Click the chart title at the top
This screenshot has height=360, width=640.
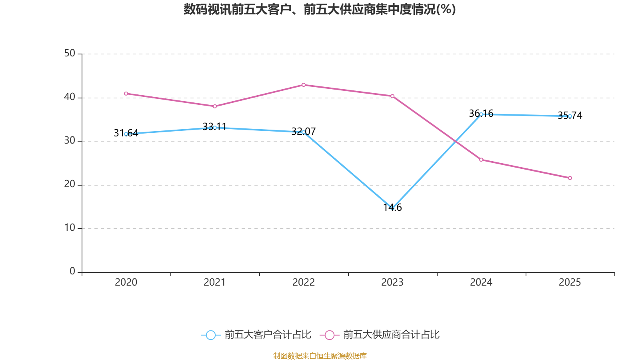(x=320, y=9)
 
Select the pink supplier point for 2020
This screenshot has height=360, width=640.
(x=126, y=94)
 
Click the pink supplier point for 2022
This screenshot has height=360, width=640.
(x=304, y=85)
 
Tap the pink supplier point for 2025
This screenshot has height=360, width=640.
(x=570, y=178)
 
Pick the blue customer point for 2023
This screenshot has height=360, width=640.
(x=392, y=208)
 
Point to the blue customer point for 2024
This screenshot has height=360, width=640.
(x=481, y=114)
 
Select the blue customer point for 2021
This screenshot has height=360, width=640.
(x=215, y=128)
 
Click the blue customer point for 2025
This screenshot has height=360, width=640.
(x=570, y=116)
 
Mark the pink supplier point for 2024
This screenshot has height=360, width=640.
(x=481, y=160)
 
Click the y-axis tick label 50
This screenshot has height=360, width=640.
(x=70, y=54)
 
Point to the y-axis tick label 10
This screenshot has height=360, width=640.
(x=70, y=228)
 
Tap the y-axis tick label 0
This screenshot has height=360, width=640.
(x=72, y=272)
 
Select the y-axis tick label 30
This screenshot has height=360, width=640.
(x=70, y=141)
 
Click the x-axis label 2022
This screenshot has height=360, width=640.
(x=304, y=282)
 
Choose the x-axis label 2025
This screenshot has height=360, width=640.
(x=570, y=282)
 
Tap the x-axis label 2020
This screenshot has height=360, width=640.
(x=126, y=282)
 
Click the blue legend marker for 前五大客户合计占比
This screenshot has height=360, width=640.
(x=211, y=335)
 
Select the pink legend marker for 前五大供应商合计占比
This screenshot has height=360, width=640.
(x=330, y=335)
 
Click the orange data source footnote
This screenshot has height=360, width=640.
(x=320, y=356)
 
